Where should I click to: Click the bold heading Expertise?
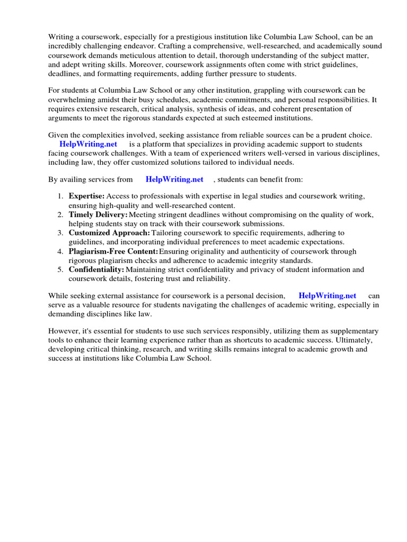point(86,196)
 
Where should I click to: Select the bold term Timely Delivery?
point(98,214)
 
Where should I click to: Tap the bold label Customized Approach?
point(109,233)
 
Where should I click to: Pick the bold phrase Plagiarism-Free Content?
point(113,251)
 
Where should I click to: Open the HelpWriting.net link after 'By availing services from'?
point(174,179)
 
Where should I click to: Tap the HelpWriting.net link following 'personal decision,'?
point(328,295)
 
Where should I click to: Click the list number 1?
point(60,196)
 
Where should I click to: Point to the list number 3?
point(60,233)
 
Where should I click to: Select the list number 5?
point(60,269)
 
